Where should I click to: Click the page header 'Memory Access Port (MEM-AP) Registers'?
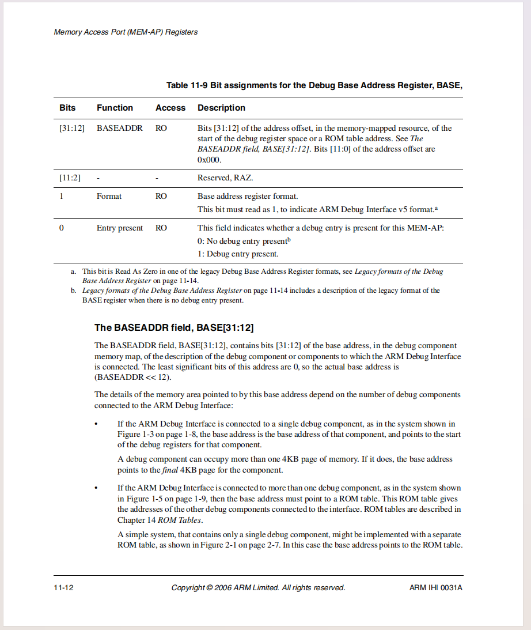point(126,32)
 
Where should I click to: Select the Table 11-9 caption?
point(314,85)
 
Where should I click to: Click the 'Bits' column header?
point(67,108)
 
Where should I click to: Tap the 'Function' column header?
point(115,108)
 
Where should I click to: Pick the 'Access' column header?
point(170,108)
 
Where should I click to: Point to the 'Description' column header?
point(221,108)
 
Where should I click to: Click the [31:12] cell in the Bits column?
point(72,128)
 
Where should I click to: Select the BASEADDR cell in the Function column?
point(119,128)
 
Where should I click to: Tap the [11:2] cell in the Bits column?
point(70,178)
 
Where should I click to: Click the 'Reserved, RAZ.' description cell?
point(225,178)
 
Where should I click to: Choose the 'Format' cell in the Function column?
point(109,197)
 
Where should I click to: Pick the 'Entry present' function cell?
point(120,228)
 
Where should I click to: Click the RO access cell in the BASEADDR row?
point(161,128)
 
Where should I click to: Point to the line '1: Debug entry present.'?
point(238,254)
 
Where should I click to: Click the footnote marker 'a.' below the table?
point(73,271)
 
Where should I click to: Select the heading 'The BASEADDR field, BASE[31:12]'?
point(174,328)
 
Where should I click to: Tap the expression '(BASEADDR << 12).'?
point(132,378)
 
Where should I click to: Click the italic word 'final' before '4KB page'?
point(169,470)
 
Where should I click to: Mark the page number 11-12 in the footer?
point(63,588)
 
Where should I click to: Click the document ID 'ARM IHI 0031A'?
point(436,588)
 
